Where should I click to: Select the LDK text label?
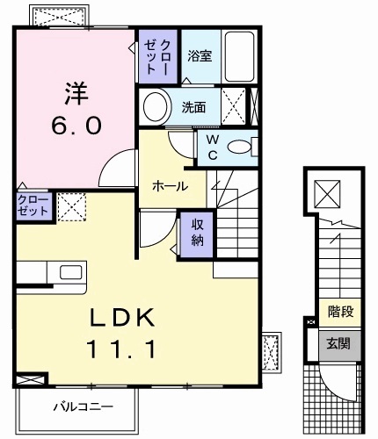click(122, 317)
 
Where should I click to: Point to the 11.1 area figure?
click(122, 349)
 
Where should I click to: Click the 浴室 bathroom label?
click(199, 56)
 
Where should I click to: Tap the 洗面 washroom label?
click(194, 108)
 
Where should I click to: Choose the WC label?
click(213, 148)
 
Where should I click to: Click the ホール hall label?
click(168, 186)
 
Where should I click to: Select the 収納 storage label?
click(197, 231)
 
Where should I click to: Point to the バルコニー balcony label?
click(82, 407)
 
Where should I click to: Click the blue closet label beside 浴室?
click(158, 54)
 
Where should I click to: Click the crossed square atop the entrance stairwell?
click(325, 191)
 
